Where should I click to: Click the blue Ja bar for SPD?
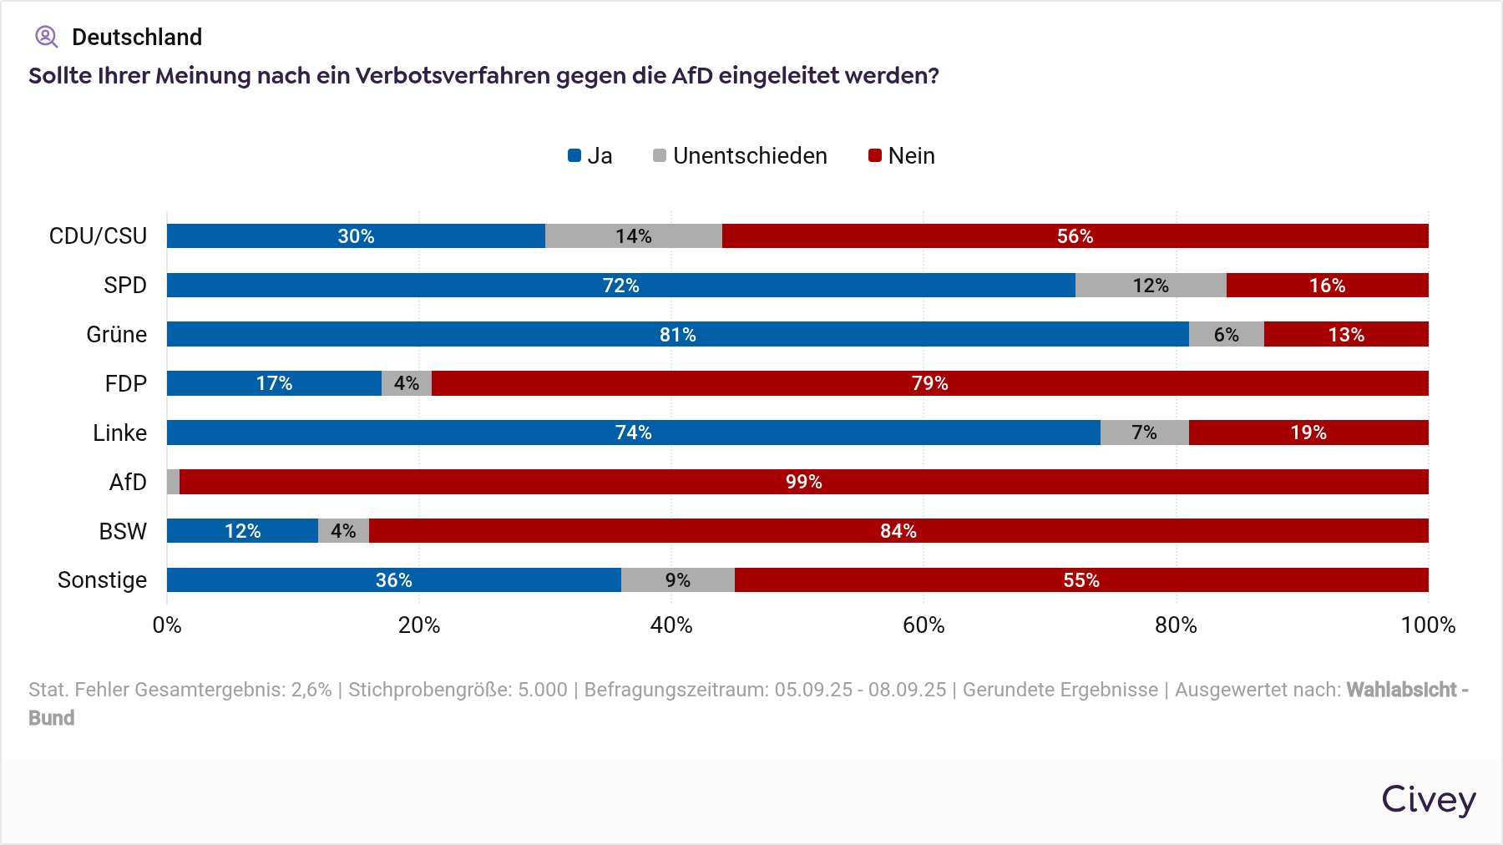coord(620,286)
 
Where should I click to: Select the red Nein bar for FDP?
coord(929,383)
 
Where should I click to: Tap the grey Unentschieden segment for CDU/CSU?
coord(633,236)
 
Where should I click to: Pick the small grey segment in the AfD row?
coord(173,482)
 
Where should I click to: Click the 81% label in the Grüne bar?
coord(677,335)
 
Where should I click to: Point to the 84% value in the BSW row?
coord(898,531)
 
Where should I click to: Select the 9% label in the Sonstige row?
coord(677,580)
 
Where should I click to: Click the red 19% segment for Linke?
coord(1308,433)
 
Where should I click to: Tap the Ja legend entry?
coord(590,156)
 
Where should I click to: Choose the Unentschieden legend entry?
coord(740,156)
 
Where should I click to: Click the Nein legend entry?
coord(902,156)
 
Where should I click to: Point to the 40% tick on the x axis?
coord(671,625)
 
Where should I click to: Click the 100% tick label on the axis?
coord(1427,625)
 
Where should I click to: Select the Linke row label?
coord(119,433)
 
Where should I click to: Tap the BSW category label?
coord(123,531)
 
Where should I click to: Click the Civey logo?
coord(1428,799)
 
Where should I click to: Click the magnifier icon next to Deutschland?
coord(46,37)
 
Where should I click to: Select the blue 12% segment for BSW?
coord(242,531)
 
